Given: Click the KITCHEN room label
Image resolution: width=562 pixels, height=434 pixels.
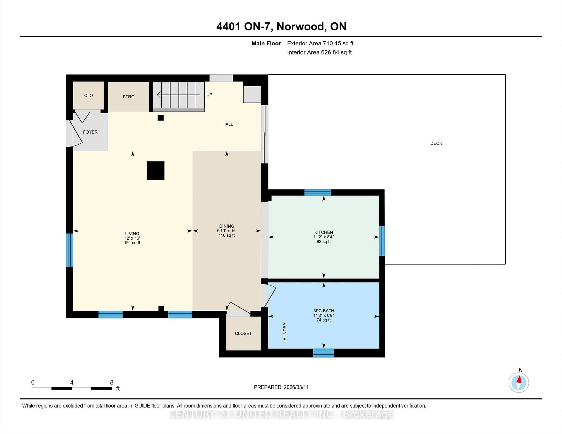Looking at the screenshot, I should [323, 232].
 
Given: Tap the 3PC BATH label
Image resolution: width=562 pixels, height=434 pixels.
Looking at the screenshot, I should [323, 311].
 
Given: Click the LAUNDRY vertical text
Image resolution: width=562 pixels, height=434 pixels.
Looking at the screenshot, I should [285, 332].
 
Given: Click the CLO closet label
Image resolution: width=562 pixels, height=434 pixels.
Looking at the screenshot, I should [89, 95].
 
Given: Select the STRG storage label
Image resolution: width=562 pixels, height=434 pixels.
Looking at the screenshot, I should [128, 97].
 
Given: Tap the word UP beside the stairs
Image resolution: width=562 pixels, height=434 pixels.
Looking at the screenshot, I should [209, 95].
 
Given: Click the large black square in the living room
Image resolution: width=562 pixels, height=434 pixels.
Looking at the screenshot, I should [155, 170].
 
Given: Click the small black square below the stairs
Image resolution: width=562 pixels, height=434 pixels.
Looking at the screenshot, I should [161, 118].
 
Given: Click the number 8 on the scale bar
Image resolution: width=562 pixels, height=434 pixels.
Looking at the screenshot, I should [112, 382].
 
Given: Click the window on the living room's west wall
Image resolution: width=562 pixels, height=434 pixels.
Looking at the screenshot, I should [70, 250].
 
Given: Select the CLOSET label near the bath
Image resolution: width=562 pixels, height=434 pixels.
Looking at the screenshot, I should [243, 333].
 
